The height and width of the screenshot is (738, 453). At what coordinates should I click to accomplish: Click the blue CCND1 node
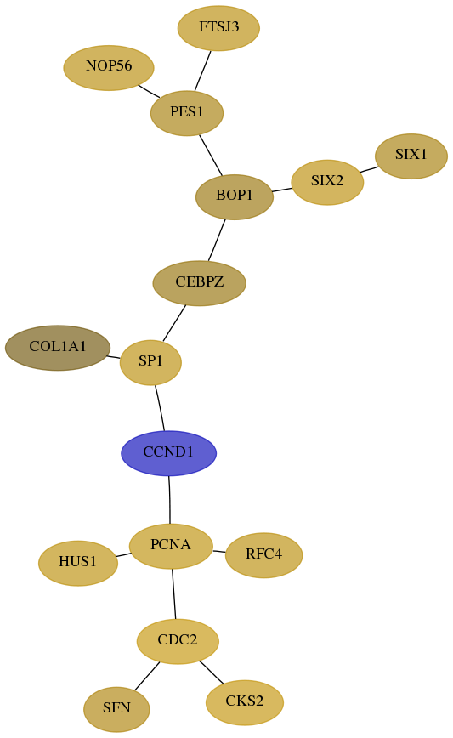click(x=169, y=453)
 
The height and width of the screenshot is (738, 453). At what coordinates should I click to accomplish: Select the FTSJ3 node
click(x=218, y=28)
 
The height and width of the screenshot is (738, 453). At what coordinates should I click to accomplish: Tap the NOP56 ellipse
click(x=109, y=67)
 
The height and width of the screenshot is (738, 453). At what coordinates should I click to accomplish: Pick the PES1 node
click(x=187, y=113)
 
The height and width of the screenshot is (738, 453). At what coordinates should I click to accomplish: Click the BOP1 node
click(x=235, y=196)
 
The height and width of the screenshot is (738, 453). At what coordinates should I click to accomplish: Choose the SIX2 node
click(x=327, y=182)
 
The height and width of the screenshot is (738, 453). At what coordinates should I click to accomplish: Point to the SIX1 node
click(x=411, y=156)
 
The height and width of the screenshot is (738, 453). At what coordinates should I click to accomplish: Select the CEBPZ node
click(x=200, y=283)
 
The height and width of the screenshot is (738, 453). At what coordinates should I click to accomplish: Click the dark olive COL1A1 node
click(x=58, y=348)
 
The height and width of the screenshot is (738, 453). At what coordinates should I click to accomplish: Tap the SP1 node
click(x=150, y=362)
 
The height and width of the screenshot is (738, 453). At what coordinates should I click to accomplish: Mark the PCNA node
click(x=171, y=546)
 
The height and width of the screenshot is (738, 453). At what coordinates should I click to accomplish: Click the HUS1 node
click(x=78, y=563)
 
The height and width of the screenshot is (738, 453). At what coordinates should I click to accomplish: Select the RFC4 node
click(x=264, y=555)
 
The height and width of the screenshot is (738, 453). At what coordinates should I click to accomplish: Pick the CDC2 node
click(x=178, y=641)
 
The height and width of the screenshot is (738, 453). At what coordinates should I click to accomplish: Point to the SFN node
click(x=116, y=709)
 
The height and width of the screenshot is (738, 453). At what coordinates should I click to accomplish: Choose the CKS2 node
click(x=245, y=702)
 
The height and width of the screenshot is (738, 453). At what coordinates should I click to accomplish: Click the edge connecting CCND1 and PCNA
click(x=169, y=499)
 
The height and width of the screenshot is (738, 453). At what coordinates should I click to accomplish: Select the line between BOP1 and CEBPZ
click(x=217, y=240)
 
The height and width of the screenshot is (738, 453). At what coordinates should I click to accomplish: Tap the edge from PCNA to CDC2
click(x=173, y=594)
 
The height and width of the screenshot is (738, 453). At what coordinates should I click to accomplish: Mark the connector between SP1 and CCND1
click(x=161, y=407)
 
